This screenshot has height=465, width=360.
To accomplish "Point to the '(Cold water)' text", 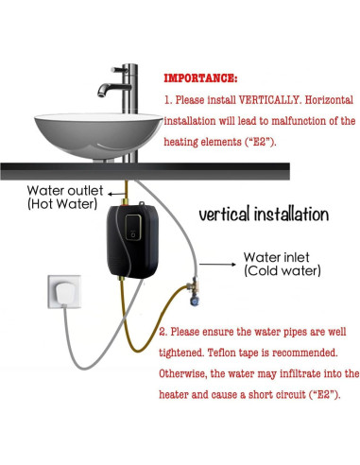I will click(283, 270).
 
